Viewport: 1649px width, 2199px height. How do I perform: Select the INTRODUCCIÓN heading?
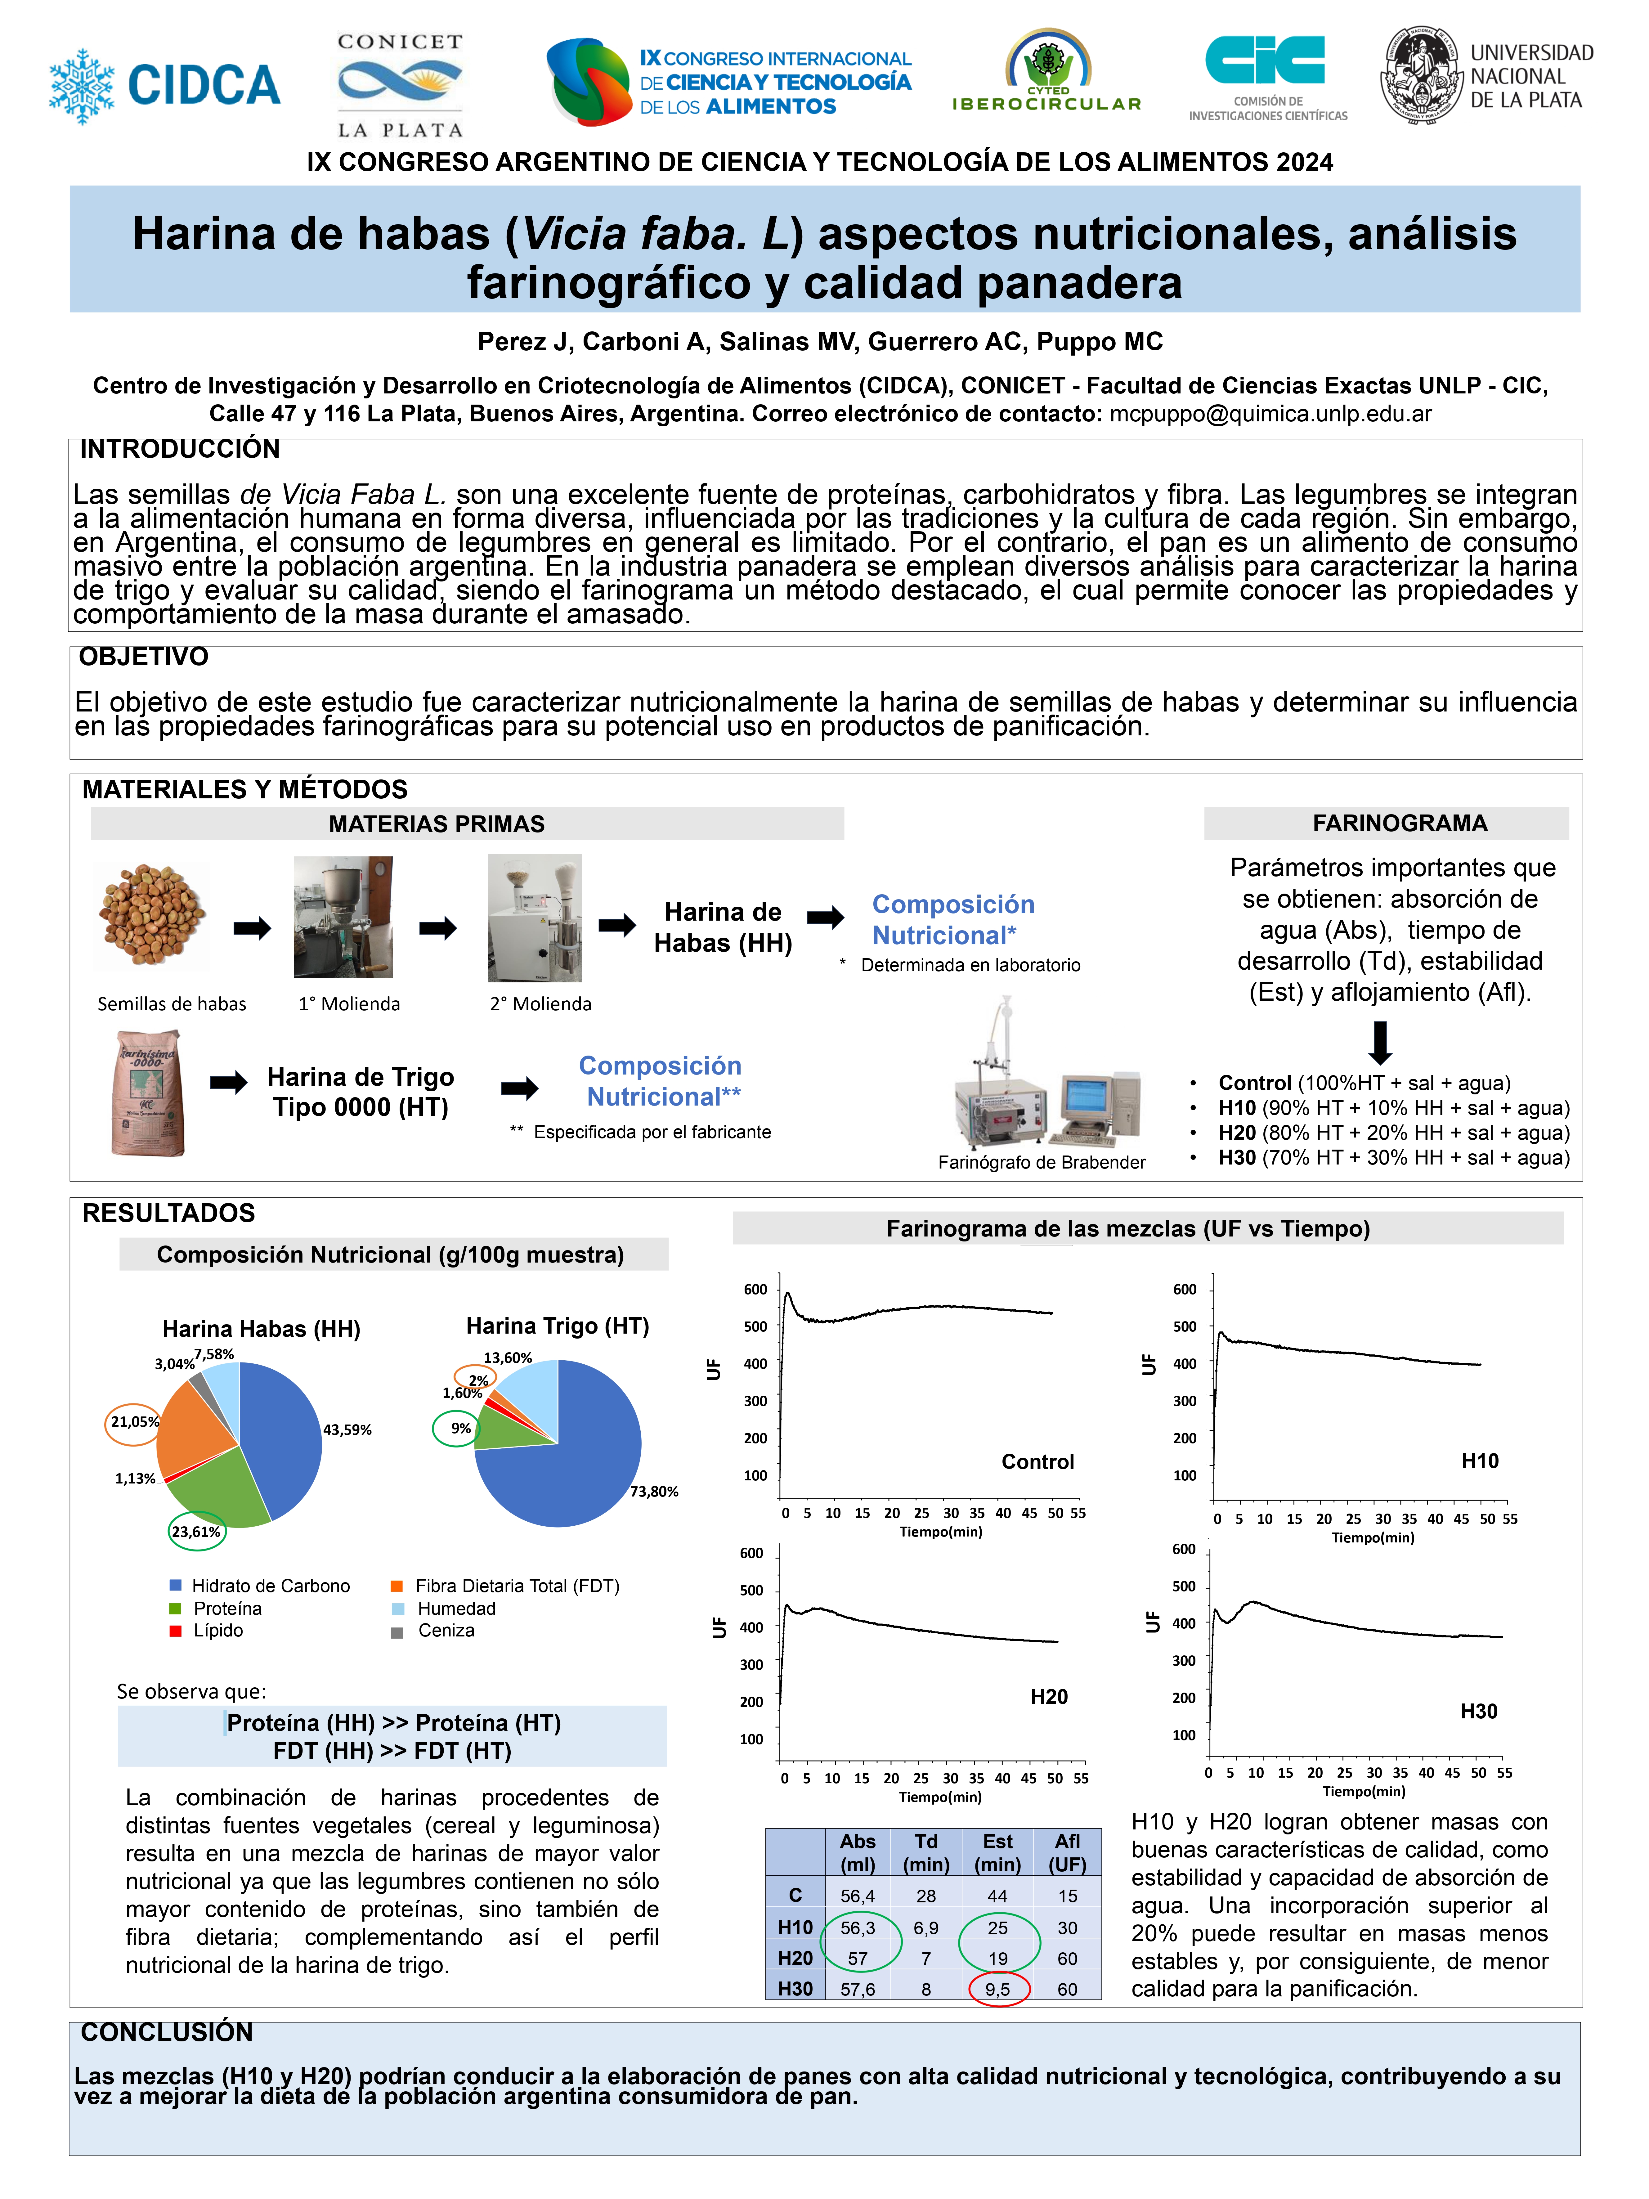point(180,449)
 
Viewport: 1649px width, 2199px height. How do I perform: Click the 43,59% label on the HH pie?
point(347,1429)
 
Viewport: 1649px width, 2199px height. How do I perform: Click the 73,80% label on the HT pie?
point(654,1491)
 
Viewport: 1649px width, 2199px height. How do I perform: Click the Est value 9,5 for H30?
point(998,1989)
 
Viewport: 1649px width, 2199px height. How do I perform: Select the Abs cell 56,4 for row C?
point(858,1897)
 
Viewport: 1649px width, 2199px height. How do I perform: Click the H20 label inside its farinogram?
point(1049,1697)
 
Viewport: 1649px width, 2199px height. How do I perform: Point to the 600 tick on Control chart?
point(755,1289)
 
